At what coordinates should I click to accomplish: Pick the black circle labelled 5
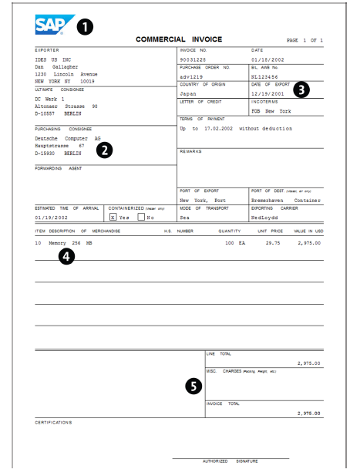(194, 387)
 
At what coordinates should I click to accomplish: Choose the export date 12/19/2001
(268, 93)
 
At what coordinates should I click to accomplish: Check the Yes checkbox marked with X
(113, 218)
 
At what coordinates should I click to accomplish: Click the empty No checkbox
(140, 218)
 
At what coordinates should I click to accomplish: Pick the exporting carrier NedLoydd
(268, 218)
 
